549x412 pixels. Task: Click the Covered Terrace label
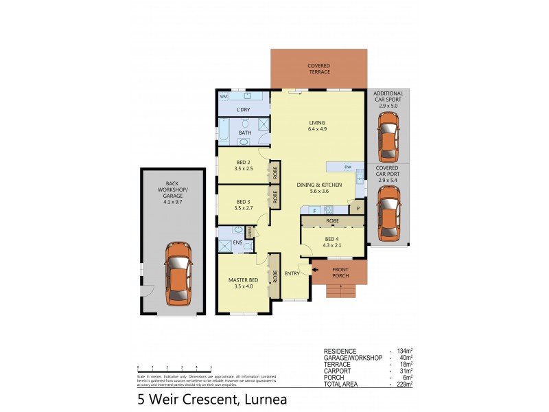(318, 69)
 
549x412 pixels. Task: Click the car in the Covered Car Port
(388, 213)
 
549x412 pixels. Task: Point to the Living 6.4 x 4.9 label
(317, 126)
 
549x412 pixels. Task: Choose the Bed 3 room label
(244, 204)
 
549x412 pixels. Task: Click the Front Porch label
(340, 273)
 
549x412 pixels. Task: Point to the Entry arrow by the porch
(316, 270)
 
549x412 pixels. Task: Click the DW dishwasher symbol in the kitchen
(348, 167)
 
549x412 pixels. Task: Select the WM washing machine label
(224, 97)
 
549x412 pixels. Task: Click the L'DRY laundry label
(243, 110)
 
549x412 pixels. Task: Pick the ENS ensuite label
(237, 242)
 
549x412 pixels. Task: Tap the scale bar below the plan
(174, 369)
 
